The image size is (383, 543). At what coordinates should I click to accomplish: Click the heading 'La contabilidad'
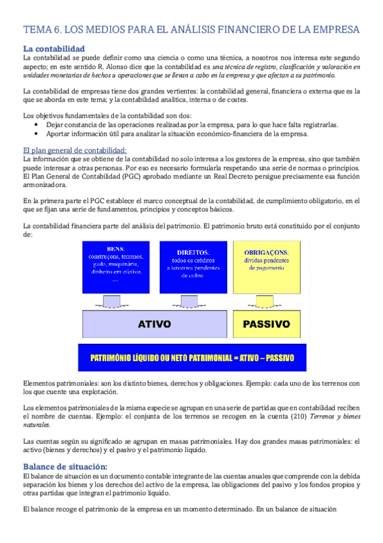tap(53, 49)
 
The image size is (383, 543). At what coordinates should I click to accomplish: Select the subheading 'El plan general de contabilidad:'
tap(74, 150)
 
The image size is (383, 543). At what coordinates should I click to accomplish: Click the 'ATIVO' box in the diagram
tap(154, 324)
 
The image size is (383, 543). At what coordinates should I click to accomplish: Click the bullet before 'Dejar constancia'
tap(37, 125)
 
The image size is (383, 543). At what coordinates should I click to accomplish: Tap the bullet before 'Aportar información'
tap(37, 134)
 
